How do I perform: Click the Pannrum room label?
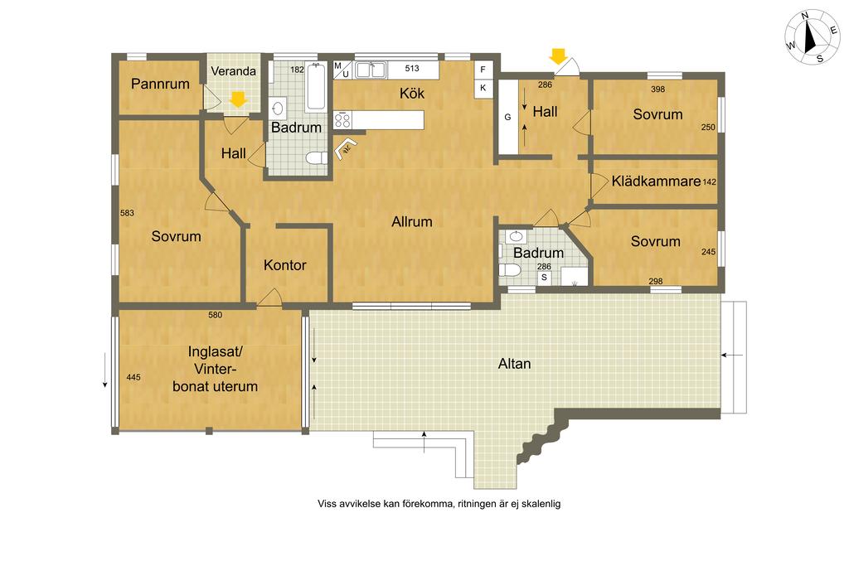tap(160, 84)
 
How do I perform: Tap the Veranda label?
tap(233, 71)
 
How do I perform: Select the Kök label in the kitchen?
tap(412, 93)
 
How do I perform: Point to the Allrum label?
tap(412, 221)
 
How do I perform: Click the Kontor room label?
tap(285, 265)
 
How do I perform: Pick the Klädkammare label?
tap(657, 181)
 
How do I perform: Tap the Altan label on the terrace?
tap(514, 364)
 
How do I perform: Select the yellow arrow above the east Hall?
tap(558, 56)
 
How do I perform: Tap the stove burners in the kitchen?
tap(342, 119)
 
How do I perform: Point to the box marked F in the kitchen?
tap(483, 70)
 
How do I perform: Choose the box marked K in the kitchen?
tap(483, 88)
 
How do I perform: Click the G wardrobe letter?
tap(508, 117)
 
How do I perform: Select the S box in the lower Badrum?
tap(544, 278)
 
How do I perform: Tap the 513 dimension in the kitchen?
tap(412, 68)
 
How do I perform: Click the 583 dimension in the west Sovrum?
tap(127, 213)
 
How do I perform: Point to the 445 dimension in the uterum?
tap(133, 377)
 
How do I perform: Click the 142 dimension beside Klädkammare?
tap(710, 181)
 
